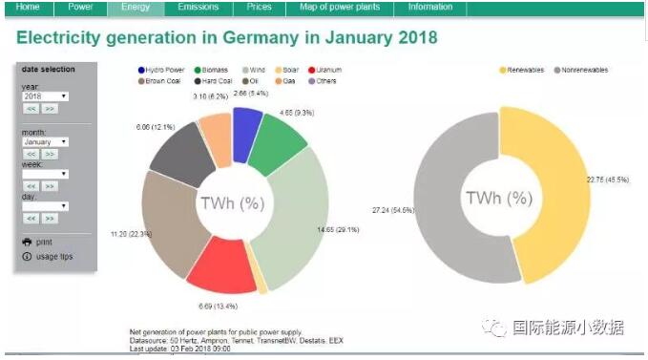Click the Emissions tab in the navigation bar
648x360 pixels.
tap(198, 8)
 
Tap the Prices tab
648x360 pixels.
tap(259, 8)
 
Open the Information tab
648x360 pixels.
tap(430, 8)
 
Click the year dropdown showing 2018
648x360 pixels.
tap(45, 96)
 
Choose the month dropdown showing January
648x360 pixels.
tap(45, 141)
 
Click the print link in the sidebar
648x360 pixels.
tap(43, 243)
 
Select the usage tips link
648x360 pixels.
tap(53, 257)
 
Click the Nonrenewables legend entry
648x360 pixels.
tap(584, 71)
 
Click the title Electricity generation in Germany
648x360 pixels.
tap(227, 37)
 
